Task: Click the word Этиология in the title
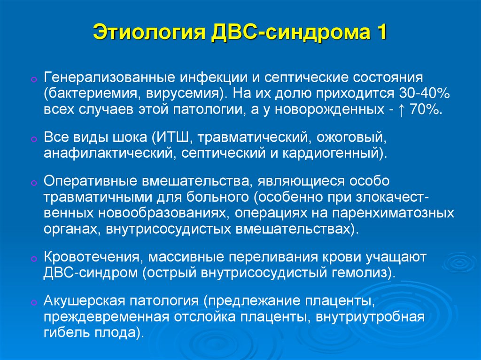point(149,32)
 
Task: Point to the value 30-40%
point(424,93)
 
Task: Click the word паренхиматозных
point(393,213)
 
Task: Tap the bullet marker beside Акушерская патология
point(34,303)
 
